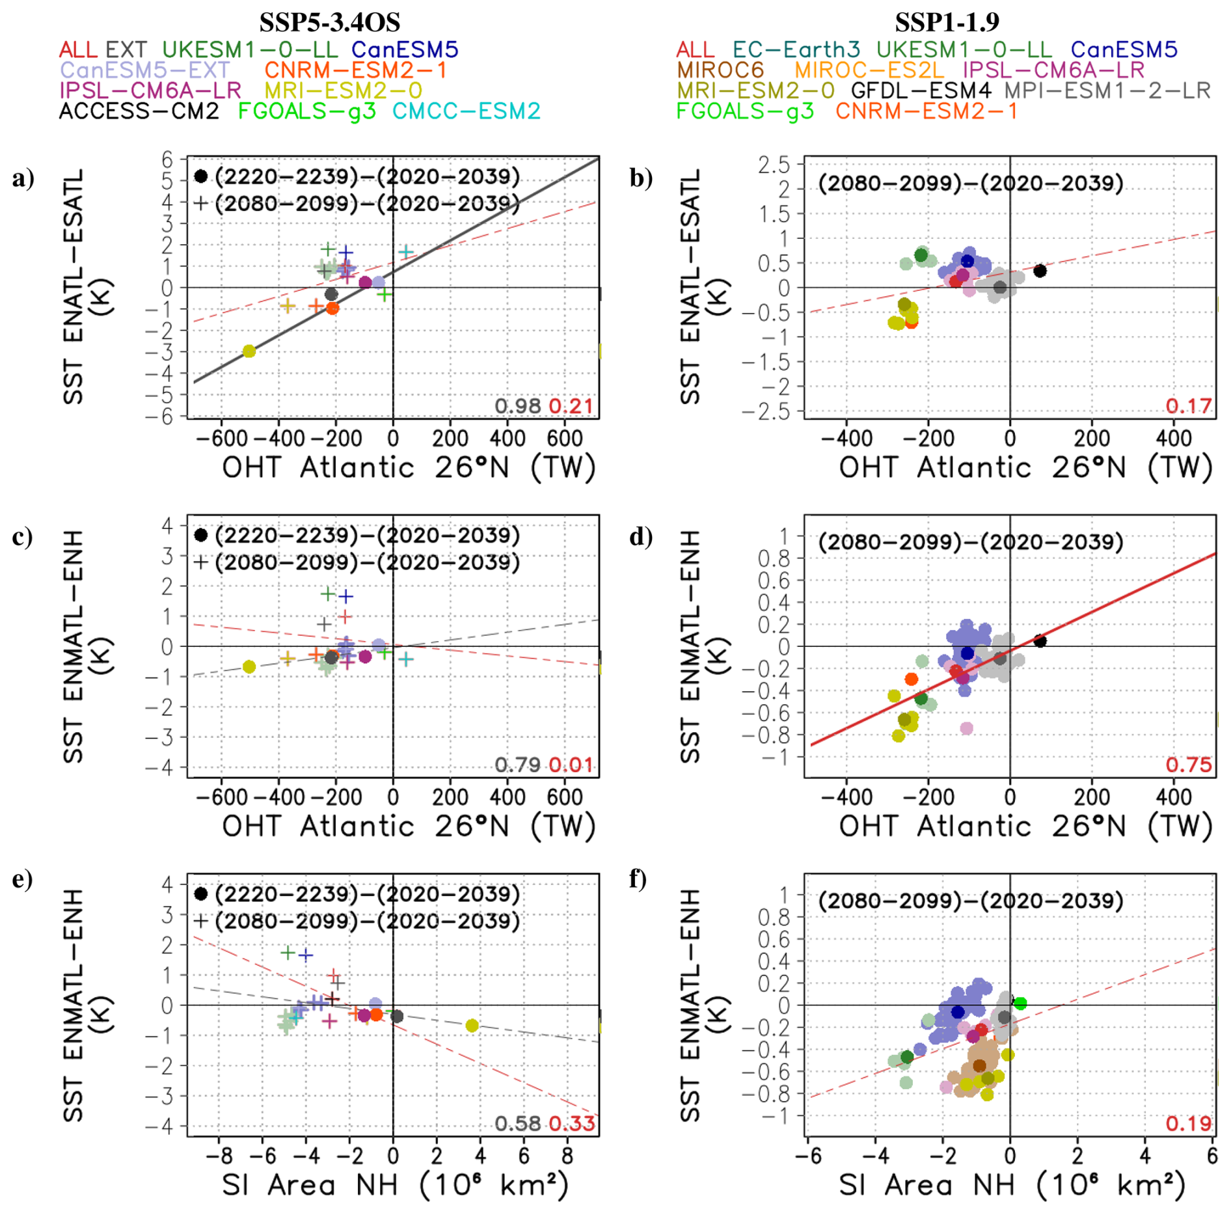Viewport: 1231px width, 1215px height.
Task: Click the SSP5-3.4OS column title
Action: [329, 22]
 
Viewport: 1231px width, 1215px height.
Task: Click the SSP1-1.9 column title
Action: [947, 22]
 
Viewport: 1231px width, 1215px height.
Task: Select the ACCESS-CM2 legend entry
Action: [139, 111]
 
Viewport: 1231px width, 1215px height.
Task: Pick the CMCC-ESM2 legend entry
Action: [467, 111]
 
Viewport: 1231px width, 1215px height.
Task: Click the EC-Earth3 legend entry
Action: [796, 49]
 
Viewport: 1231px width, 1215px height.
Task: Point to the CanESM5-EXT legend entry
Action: [144, 70]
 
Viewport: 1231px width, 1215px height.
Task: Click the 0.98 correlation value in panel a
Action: [517, 406]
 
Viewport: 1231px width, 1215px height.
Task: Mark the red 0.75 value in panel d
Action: [1188, 765]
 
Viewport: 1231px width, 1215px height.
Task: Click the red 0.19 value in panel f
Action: [1188, 1123]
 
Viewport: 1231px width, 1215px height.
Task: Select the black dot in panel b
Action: [1040, 271]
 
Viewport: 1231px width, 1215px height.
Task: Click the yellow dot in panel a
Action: [249, 351]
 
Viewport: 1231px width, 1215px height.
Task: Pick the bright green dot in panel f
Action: [1020, 1003]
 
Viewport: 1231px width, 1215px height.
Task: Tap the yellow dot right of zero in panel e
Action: [472, 1026]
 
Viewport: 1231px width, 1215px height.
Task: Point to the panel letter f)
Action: [638, 879]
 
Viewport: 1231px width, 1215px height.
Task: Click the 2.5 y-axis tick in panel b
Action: [774, 165]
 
